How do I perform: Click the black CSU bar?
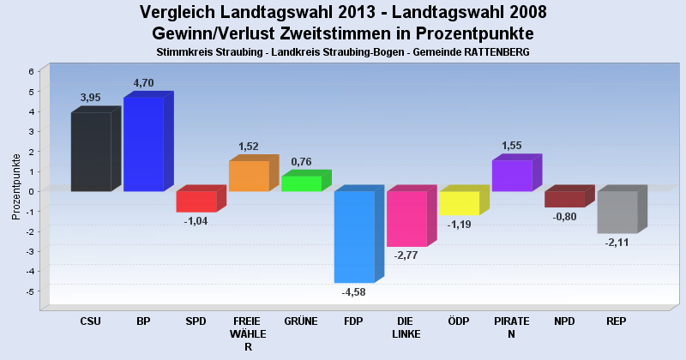(x=91, y=152)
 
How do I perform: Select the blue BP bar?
(x=143, y=143)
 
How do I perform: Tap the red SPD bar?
(x=196, y=201)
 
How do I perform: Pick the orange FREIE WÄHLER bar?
(x=249, y=176)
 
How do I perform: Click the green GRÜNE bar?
(x=301, y=183)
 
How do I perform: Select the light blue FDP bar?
(x=354, y=237)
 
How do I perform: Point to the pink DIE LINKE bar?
(x=406, y=219)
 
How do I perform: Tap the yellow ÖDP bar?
(x=459, y=203)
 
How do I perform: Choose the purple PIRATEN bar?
(x=512, y=175)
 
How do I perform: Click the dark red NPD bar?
(x=564, y=199)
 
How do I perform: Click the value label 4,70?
(x=143, y=83)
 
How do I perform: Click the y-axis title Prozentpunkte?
(x=16, y=186)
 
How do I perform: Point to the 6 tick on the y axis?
(x=31, y=71)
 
